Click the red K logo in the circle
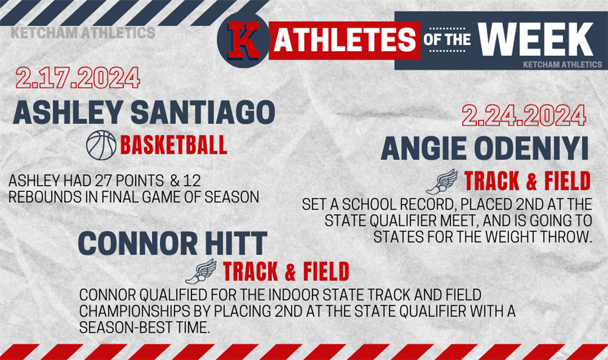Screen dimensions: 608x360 (x=243, y=41)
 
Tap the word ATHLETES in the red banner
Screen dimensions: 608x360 (x=345, y=40)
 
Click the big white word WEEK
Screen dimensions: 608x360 (x=536, y=39)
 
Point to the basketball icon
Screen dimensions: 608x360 (x=101, y=145)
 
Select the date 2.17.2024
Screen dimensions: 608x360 (x=78, y=78)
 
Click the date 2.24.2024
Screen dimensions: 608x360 (x=523, y=115)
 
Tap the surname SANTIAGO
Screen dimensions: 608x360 (x=203, y=112)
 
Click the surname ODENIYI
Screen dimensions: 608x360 (x=531, y=148)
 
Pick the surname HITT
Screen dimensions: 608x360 (x=236, y=243)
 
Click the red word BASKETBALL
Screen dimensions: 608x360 (x=174, y=145)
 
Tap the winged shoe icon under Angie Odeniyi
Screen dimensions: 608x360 (x=441, y=182)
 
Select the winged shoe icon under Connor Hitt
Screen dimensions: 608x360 (x=201, y=271)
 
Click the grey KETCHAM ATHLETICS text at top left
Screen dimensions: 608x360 (x=83, y=33)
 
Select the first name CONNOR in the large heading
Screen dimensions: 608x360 (x=137, y=243)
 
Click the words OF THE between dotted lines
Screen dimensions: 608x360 (x=447, y=40)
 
